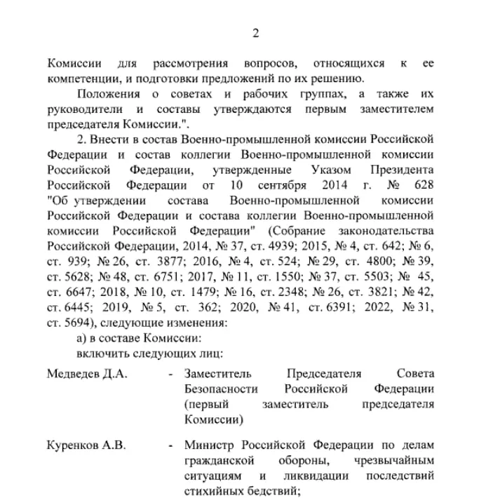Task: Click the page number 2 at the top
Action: [256, 33]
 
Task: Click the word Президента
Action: [402, 170]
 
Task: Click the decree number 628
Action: [424, 186]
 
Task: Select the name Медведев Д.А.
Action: [87, 374]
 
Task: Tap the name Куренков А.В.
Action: [86, 445]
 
